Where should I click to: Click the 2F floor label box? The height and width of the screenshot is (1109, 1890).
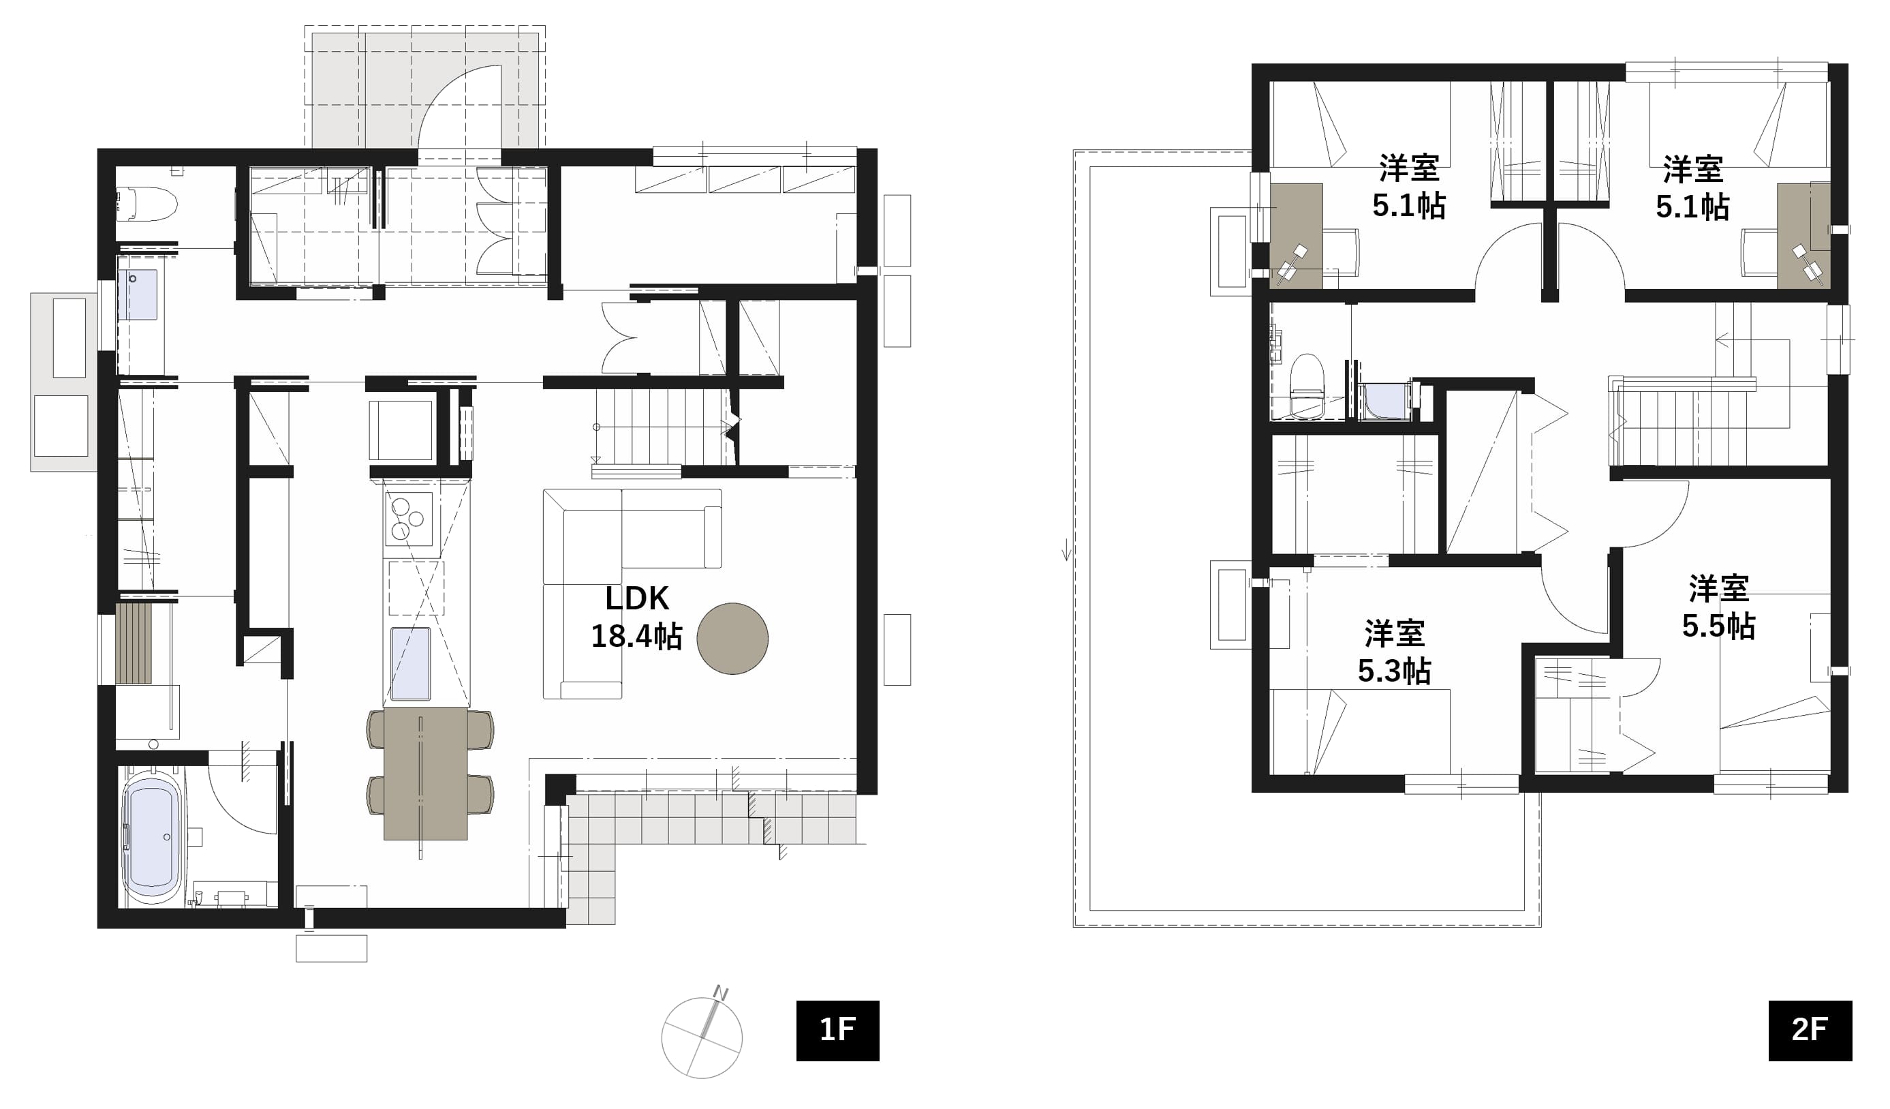pyautogui.click(x=1810, y=1030)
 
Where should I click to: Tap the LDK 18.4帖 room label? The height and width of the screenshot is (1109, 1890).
pyautogui.click(x=637, y=617)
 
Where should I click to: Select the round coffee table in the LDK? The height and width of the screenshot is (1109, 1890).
pyautogui.click(x=732, y=639)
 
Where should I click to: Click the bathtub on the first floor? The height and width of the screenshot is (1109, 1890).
pyautogui.click(x=152, y=836)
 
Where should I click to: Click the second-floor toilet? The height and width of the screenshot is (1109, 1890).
pyautogui.click(x=1307, y=386)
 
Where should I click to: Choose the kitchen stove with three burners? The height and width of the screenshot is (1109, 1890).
pyautogui.click(x=409, y=519)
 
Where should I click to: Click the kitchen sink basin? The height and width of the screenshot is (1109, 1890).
pyautogui.click(x=410, y=663)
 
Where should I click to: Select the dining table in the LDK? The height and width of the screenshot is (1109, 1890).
pyautogui.click(x=425, y=774)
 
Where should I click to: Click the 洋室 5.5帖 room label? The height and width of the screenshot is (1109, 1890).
pyautogui.click(x=1718, y=608)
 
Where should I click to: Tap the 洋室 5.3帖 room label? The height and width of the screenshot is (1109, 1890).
pyautogui.click(x=1394, y=652)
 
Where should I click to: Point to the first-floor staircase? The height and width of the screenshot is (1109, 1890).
pyautogui.click(x=660, y=429)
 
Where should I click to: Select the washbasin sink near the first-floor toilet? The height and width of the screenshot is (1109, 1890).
pyautogui.click(x=137, y=295)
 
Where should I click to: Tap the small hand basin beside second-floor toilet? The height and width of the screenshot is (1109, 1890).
pyautogui.click(x=1386, y=401)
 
